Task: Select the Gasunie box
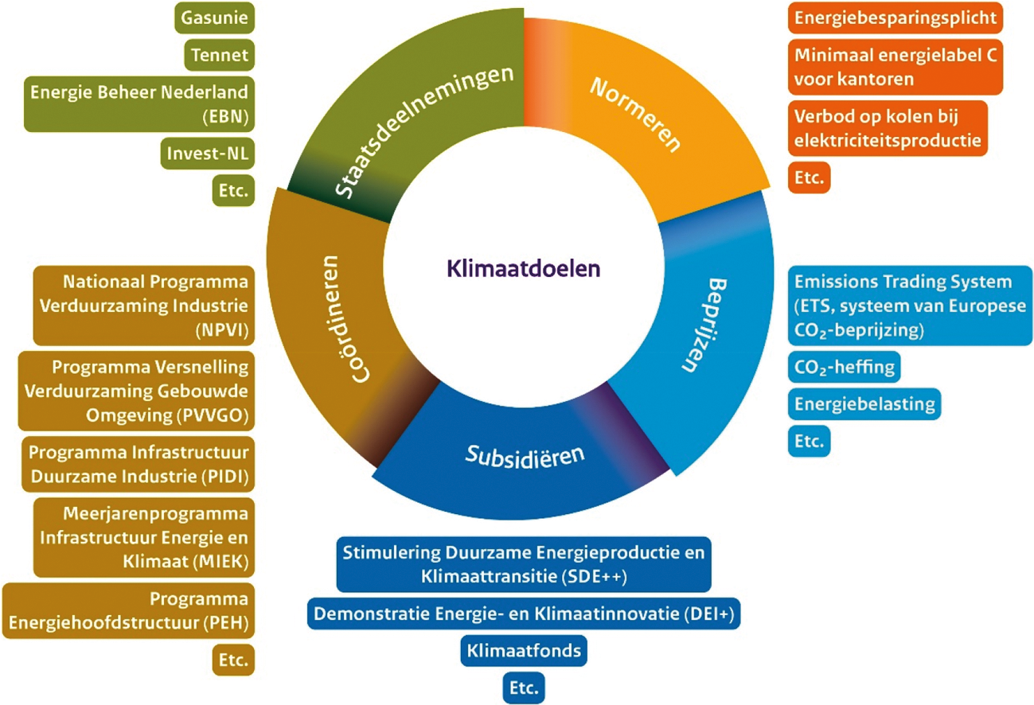point(213,17)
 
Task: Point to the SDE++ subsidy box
point(524,564)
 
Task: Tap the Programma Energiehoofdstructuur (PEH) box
point(128,609)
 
